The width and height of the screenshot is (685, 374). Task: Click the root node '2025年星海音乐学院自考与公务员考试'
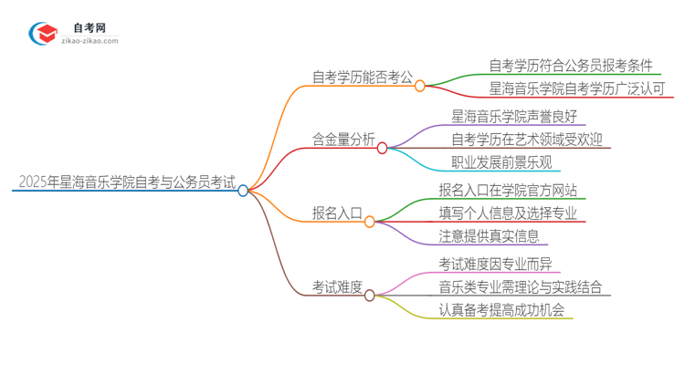click(x=123, y=182)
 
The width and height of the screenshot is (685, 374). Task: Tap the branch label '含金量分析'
click(x=343, y=140)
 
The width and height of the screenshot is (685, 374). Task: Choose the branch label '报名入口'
click(x=337, y=213)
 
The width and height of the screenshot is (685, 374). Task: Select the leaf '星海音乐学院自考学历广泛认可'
click(x=577, y=88)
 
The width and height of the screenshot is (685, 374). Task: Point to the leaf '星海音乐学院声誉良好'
click(x=519, y=116)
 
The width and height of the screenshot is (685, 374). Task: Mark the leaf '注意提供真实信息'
click(x=488, y=237)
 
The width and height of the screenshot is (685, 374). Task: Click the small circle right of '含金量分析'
click(x=383, y=147)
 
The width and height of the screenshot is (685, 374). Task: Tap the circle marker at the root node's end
click(x=244, y=190)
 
